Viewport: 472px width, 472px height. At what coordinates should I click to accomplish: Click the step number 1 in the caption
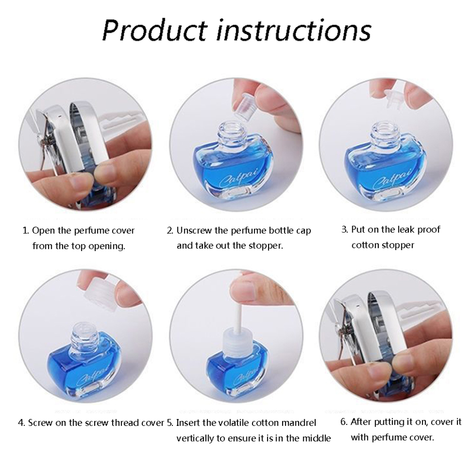tap(25, 231)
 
